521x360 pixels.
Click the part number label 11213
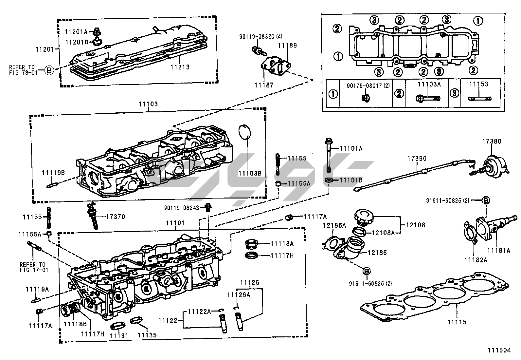pyautogui.click(x=180, y=67)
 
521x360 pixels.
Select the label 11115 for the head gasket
pyautogui.click(x=457, y=322)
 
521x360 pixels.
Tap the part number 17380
pyautogui.click(x=491, y=142)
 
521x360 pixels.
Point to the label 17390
pyautogui.click(x=417, y=159)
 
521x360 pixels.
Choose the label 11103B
pyautogui.click(x=250, y=173)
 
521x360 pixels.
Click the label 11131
pyautogui.click(x=119, y=335)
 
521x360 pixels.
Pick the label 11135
pyautogui.click(x=147, y=335)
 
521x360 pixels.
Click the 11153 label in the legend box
pyautogui.click(x=478, y=84)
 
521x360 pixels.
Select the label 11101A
pyautogui.click(x=351, y=148)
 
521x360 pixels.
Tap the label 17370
pyautogui.click(x=115, y=217)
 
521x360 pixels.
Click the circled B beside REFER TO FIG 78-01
pyautogui.click(x=49, y=70)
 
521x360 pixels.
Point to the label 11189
pyautogui.click(x=287, y=46)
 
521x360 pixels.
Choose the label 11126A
pyautogui.click(x=239, y=295)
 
